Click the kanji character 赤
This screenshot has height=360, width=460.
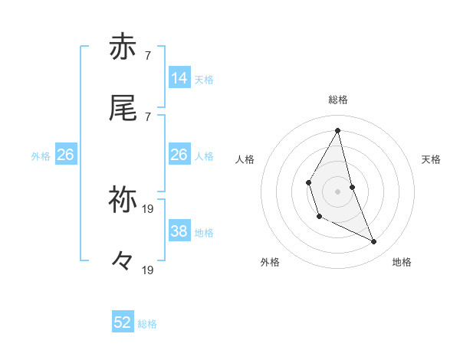pos(123,47)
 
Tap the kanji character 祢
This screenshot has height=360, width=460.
pos(123,199)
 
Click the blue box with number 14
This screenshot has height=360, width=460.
pos(179,77)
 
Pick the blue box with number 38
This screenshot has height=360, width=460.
pos(179,231)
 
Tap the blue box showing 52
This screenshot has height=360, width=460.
pos(123,322)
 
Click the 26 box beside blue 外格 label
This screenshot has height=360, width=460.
pos(65,155)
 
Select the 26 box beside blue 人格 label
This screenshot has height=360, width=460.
pos(179,155)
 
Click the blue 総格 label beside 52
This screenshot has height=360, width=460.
pos(147,324)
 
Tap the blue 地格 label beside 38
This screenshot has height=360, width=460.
pos(204,232)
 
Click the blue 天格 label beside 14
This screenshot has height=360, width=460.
pos(204,79)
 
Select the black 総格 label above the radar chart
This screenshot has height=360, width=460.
pos(338,100)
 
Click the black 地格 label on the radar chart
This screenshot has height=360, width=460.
pos(402,262)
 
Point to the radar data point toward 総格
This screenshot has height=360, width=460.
pos(338,130)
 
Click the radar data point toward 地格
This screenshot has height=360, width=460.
pos(374,242)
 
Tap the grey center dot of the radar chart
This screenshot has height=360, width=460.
pos(338,191)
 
